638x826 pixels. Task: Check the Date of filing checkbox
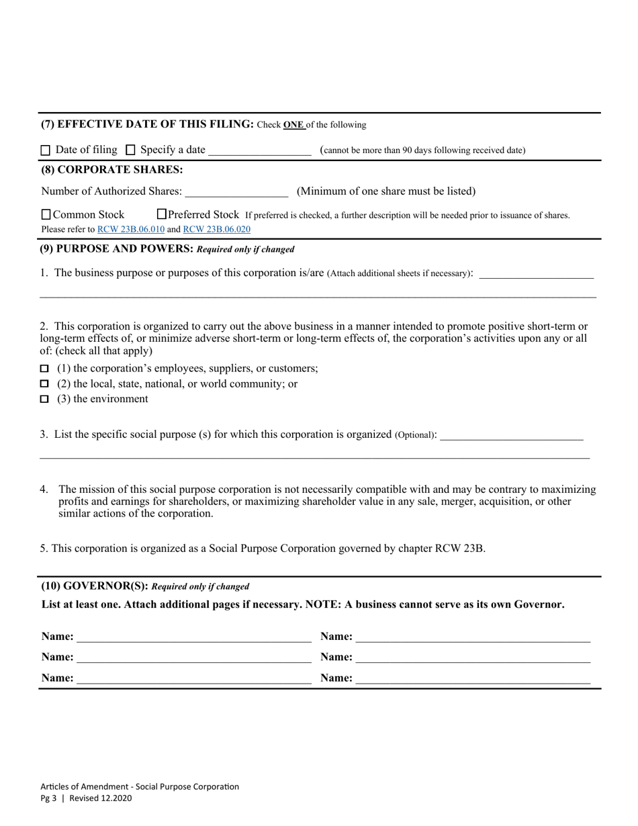(46, 150)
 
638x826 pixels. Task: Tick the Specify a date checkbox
(131, 150)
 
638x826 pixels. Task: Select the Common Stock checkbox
(46, 215)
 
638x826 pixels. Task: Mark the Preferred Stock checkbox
(161, 214)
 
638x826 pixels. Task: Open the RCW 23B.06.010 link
(131, 229)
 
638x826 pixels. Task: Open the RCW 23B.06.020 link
(216, 229)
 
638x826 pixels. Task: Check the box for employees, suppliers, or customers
(45, 369)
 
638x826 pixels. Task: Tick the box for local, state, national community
(45, 384)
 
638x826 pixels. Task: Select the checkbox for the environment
(45, 399)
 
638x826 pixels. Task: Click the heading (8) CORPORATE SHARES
(111, 170)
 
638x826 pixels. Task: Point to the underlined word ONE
(293, 125)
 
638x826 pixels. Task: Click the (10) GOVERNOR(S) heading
(95, 586)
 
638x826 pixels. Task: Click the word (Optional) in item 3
(415, 435)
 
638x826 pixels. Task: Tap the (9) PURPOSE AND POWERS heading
(117, 249)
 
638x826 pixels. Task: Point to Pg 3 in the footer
(48, 798)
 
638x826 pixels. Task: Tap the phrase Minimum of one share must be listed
(386, 191)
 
